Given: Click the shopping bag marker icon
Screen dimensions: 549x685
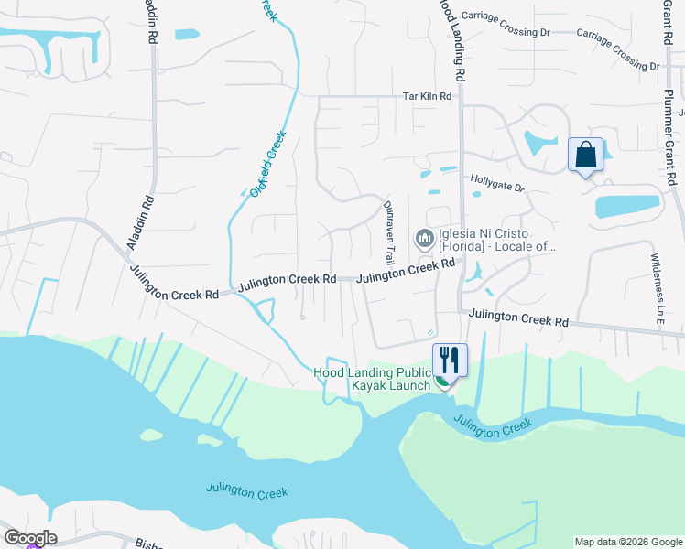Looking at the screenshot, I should [585, 155].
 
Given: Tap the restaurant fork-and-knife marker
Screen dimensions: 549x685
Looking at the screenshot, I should [449, 359].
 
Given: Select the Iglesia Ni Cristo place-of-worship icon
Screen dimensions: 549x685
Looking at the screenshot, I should [424, 240].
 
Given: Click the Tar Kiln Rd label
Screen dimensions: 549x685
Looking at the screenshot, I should [428, 96].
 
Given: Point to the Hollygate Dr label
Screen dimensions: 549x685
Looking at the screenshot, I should [497, 187].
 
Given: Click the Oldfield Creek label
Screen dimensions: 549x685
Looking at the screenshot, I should [268, 163].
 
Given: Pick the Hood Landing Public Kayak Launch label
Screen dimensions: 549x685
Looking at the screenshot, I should [373, 379].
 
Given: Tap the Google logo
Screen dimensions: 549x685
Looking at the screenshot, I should [29, 538].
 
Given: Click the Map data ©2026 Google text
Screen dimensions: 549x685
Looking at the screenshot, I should [627, 542].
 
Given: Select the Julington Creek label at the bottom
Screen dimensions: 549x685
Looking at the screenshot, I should [247, 490].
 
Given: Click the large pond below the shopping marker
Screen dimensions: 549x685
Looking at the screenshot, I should [627, 206].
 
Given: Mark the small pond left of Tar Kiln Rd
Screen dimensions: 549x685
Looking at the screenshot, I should [186, 35].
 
